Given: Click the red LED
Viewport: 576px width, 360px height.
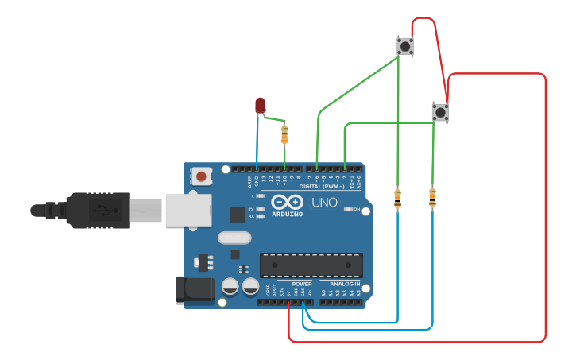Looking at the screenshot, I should pos(261,105).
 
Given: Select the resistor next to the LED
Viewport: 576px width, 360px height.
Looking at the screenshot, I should pos(285,134).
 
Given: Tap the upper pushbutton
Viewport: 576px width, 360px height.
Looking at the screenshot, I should pos(405,46).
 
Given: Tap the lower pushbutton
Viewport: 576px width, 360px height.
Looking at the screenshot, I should pos(440,112).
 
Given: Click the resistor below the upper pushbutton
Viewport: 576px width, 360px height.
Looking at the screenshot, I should pos(397,198).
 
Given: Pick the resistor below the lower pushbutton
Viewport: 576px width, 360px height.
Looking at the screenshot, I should pos(432,197).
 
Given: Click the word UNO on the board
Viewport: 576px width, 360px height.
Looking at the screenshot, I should pos(324,203).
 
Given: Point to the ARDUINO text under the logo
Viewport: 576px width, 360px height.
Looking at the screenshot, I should pos(287,214).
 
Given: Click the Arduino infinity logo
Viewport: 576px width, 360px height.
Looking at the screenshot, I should pos(287,202).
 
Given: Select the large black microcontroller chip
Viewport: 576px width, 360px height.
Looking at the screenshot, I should pos(311,265).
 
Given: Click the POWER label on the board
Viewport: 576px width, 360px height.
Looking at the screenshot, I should pos(302,284).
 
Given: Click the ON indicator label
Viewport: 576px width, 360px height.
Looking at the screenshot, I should pos(356,210).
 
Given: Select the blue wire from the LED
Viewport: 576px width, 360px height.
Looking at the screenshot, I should pos(257,143).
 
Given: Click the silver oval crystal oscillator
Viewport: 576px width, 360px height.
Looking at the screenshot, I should pos(234,237).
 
